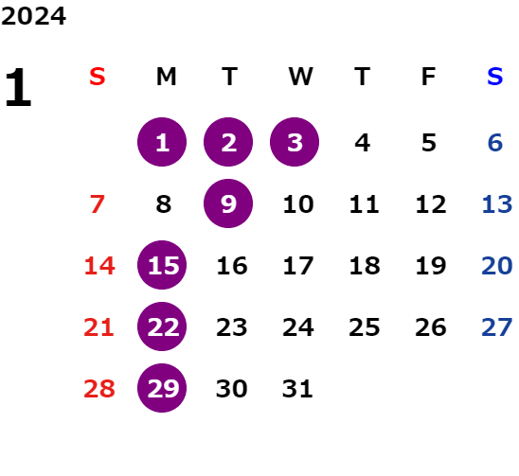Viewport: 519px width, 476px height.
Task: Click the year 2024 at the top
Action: click(x=33, y=16)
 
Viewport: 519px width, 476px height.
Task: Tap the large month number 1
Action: click(x=19, y=87)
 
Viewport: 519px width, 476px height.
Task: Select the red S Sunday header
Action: click(x=98, y=77)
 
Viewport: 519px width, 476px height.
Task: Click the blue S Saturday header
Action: click(x=495, y=77)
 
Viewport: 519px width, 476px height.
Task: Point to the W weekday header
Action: click(x=300, y=77)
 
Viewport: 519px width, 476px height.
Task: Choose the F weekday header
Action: click(x=429, y=77)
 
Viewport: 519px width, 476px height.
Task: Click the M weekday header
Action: click(x=166, y=77)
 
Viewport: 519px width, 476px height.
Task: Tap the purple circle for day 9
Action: click(x=228, y=203)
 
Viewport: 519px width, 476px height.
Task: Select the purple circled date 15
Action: click(x=162, y=265)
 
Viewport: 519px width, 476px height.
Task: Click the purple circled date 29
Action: click(x=162, y=388)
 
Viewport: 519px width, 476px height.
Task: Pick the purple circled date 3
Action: click(x=295, y=142)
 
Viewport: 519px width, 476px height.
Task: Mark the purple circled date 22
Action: click(x=162, y=326)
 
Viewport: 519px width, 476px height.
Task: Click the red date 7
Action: click(x=98, y=204)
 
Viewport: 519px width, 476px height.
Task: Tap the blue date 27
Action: click(x=497, y=327)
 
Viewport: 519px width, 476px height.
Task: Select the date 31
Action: click(x=297, y=389)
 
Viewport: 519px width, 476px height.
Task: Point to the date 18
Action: click(x=365, y=266)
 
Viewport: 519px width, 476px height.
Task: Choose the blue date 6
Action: click(x=495, y=143)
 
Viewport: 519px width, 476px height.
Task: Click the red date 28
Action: click(x=99, y=389)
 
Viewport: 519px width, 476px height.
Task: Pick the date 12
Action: click(x=431, y=204)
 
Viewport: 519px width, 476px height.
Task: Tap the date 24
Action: click(x=298, y=327)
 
